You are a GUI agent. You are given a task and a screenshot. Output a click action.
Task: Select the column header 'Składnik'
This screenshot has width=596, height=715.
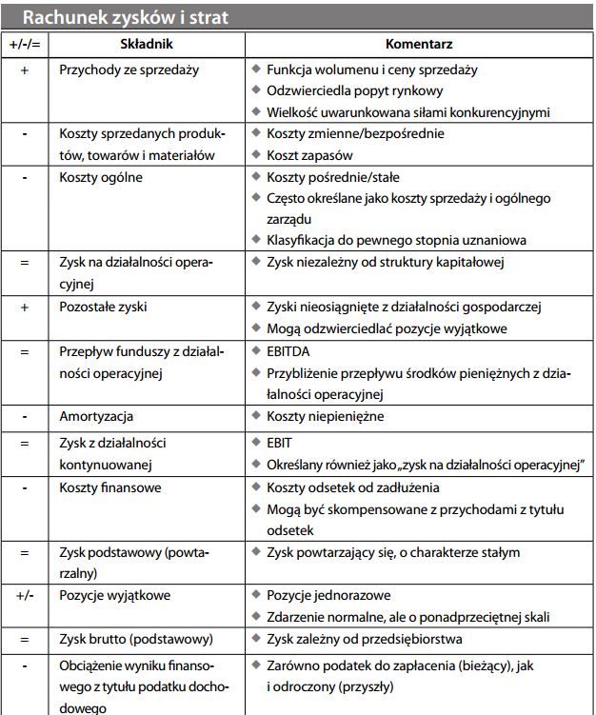coord(148,45)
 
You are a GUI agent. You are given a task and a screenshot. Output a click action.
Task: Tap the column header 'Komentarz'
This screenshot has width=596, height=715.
coord(418,45)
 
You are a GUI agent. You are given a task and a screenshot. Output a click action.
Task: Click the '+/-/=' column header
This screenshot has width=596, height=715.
coord(24,45)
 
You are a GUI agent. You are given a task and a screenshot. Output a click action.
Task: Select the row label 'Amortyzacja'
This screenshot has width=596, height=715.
coord(95,417)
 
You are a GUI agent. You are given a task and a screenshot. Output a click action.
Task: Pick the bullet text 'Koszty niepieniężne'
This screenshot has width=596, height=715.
coord(324,417)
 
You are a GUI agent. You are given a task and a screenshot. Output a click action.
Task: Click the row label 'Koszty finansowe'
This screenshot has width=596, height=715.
coord(109,487)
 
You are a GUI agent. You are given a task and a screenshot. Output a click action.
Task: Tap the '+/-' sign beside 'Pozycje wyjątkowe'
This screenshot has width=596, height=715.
coord(24,594)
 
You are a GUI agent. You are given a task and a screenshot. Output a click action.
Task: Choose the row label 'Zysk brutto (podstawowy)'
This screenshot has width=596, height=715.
coord(135,637)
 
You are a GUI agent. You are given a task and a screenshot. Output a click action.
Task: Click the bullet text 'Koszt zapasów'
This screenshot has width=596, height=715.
coord(310,155)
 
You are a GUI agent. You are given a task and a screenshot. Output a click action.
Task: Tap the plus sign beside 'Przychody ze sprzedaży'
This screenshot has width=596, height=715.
coord(24,70)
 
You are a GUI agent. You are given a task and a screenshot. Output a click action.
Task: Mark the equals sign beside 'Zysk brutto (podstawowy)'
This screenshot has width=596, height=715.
coord(24,637)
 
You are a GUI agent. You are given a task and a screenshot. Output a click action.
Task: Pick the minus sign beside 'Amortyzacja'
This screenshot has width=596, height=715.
coord(24,417)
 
